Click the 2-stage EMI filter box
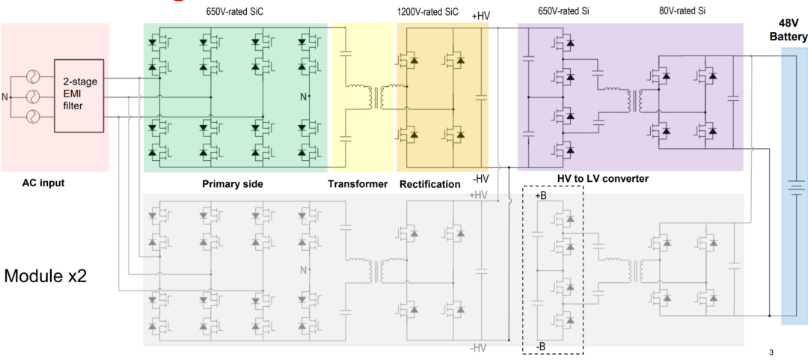77,96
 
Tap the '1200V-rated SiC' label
427,11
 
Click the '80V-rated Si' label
682,11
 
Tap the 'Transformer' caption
358,183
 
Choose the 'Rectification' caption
429,183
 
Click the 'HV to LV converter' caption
602,179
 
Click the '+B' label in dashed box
542,196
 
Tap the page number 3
771,352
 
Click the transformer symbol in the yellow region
376,97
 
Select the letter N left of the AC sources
7,97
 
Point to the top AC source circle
32,76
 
